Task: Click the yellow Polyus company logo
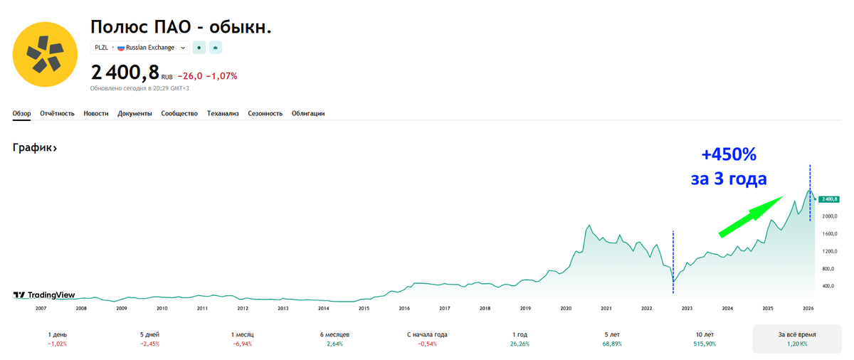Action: pyautogui.click(x=45, y=54)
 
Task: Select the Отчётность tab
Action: pyautogui.click(x=58, y=114)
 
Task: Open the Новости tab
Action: pyautogui.click(x=96, y=114)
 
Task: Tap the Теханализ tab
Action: pyautogui.click(x=223, y=114)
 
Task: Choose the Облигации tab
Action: pyautogui.click(x=308, y=114)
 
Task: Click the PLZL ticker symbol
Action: pyautogui.click(x=102, y=48)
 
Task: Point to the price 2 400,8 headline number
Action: pyautogui.click(x=125, y=73)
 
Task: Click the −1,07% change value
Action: pyautogui.click(x=221, y=76)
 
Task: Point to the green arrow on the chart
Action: pyautogui.click(x=750, y=216)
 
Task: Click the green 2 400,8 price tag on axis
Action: pyautogui.click(x=830, y=199)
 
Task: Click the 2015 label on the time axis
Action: pyautogui.click(x=364, y=308)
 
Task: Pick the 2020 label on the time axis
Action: pyautogui.click(x=566, y=308)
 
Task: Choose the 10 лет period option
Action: pyautogui.click(x=705, y=339)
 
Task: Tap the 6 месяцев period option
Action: pyautogui.click(x=334, y=339)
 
